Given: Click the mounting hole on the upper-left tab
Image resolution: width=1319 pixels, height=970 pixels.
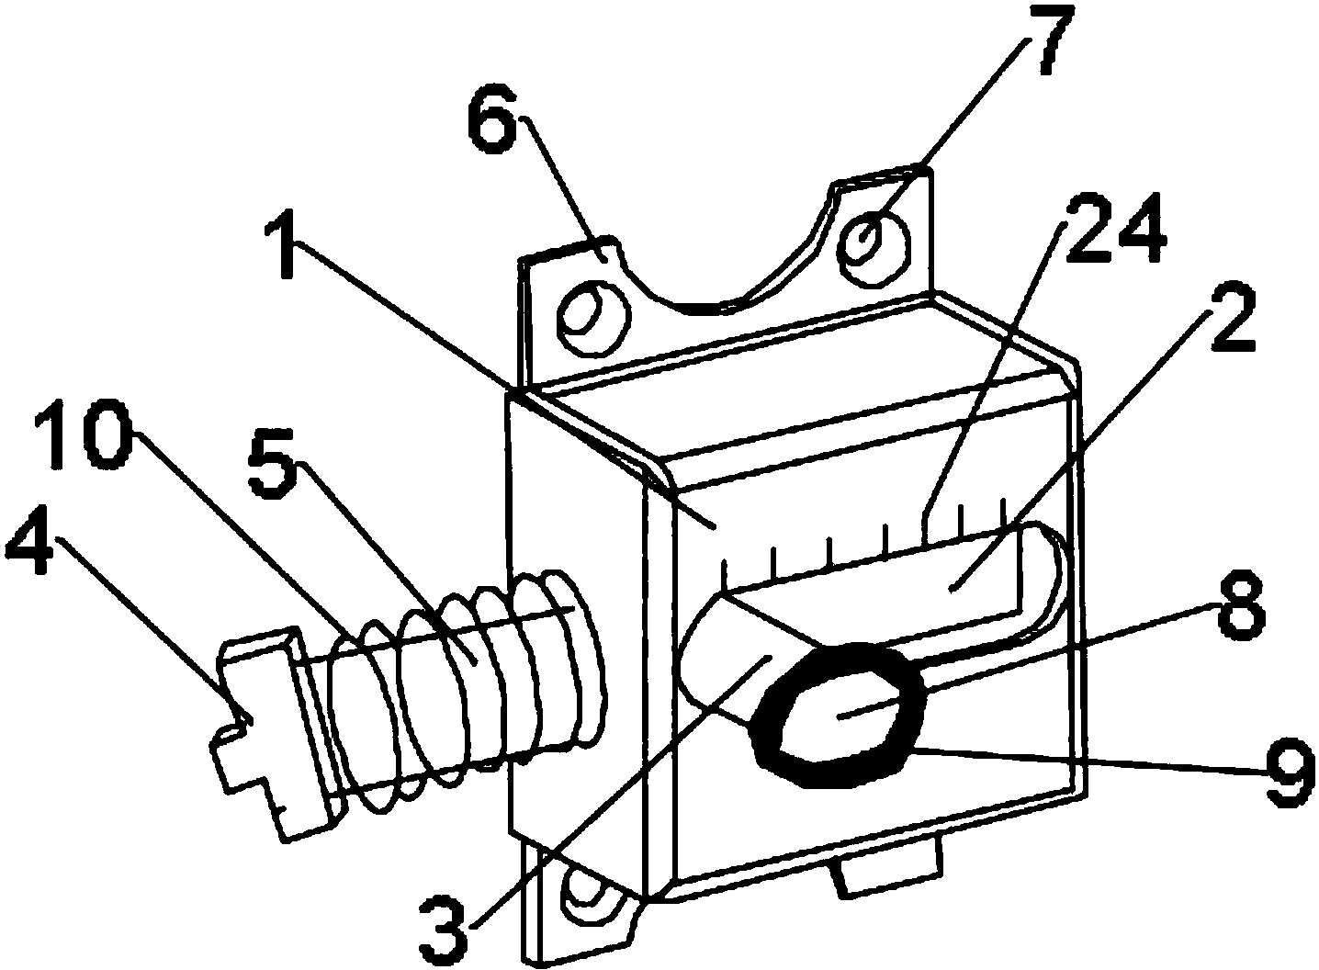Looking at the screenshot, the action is point(593,318).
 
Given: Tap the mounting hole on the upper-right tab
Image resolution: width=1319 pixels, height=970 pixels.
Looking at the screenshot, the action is point(874,249).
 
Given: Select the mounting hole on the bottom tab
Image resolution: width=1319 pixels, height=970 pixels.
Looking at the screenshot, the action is point(589,901).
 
